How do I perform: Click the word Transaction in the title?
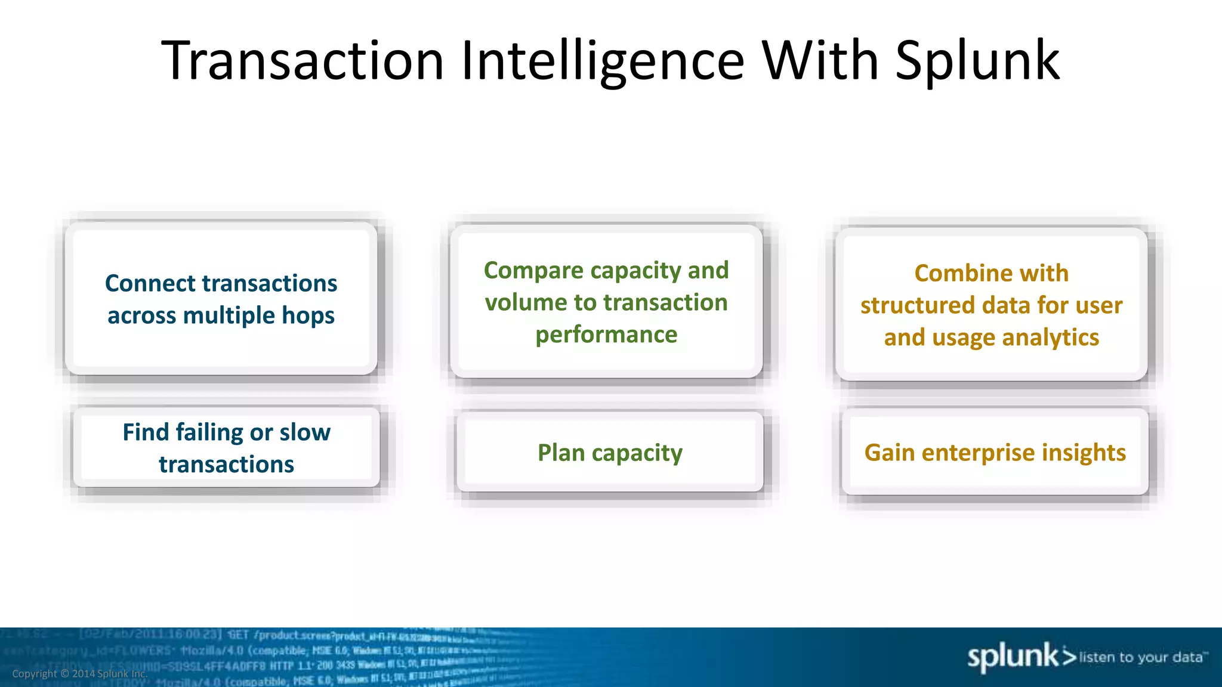click(x=303, y=60)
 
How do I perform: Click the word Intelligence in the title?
click(x=603, y=61)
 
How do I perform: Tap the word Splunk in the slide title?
click(x=977, y=61)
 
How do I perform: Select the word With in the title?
click(x=820, y=60)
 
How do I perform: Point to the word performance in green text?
click(x=606, y=335)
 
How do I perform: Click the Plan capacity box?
click(x=610, y=453)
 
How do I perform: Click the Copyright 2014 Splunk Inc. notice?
click(x=79, y=674)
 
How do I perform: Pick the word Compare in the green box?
click(x=533, y=271)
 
